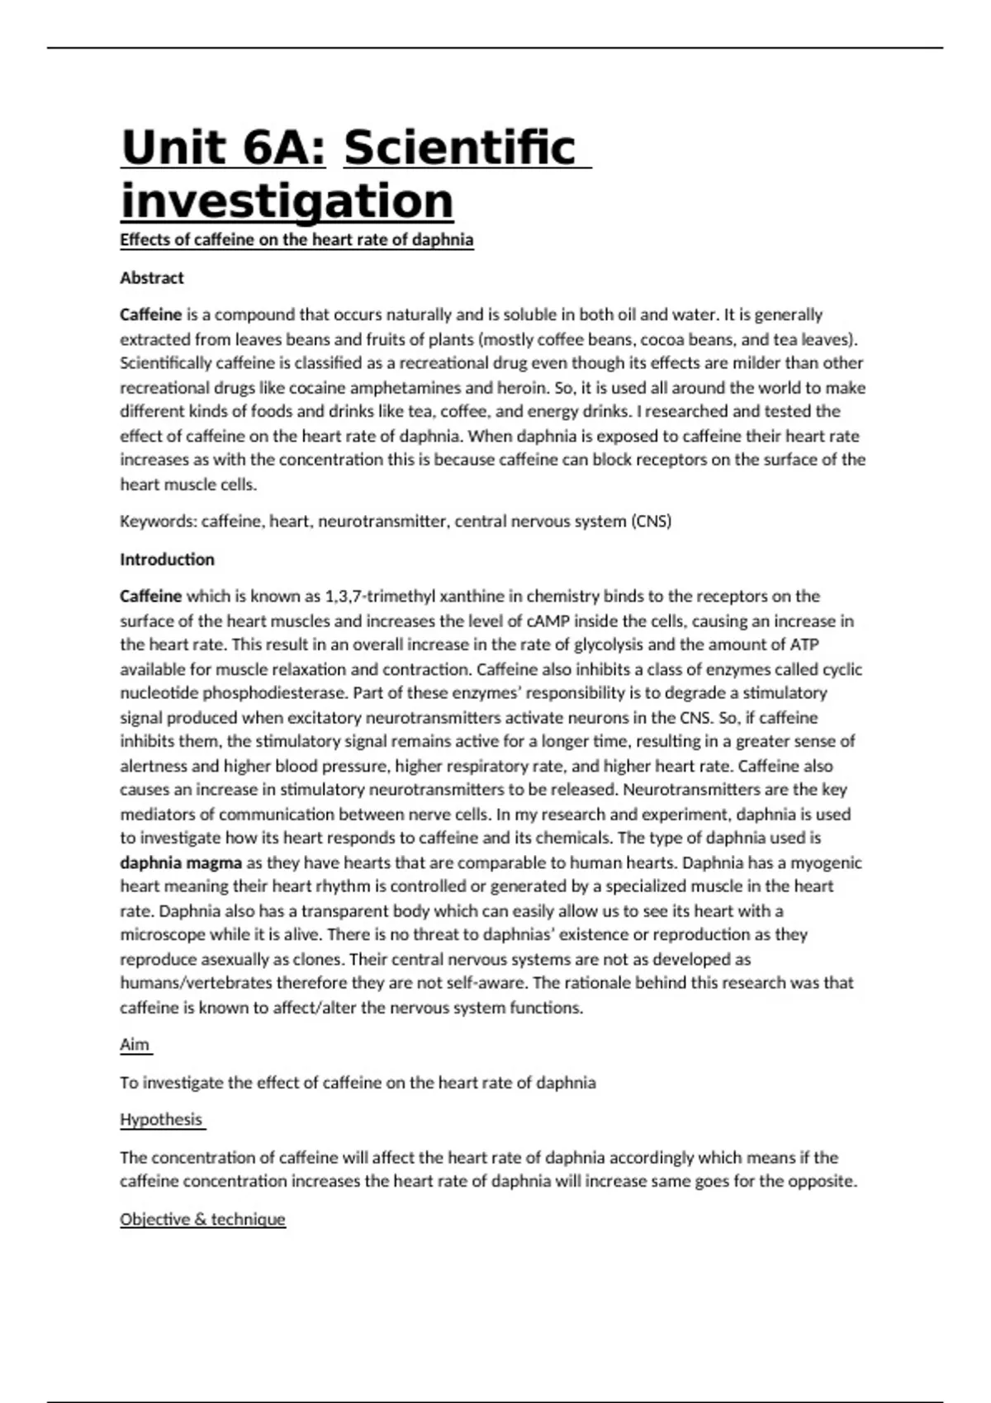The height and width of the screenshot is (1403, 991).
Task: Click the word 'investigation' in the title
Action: tap(287, 201)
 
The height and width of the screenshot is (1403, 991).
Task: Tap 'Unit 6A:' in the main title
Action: tap(223, 148)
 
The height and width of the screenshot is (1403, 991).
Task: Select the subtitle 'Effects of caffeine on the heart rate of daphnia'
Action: tap(296, 240)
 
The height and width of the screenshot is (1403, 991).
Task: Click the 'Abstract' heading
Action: tap(152, 278)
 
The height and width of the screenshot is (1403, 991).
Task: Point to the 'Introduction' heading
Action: tap(167, 560)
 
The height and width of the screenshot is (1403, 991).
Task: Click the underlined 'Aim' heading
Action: tap(135, 1045)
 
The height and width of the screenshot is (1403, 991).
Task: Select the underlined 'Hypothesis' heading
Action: tap(161, 1120)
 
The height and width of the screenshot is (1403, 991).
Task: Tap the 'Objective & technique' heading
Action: tap(202, 1220)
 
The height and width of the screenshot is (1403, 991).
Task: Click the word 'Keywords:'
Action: tap(159, 522)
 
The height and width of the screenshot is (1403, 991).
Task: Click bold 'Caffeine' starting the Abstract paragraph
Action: tap(150, 314)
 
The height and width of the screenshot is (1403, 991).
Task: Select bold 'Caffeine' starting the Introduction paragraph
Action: tap(150, 596)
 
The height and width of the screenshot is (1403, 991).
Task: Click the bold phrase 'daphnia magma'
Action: tap(181, 863)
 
